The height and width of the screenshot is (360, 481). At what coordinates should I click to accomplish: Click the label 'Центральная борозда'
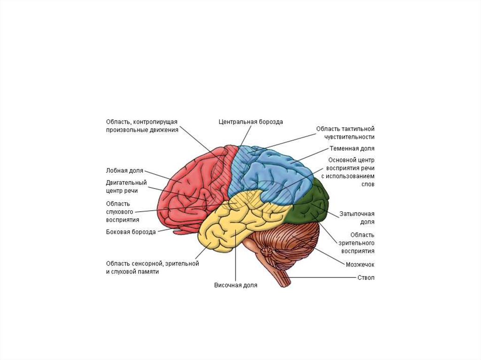coord(251,122)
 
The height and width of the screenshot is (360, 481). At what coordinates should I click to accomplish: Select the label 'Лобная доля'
coord(124,171)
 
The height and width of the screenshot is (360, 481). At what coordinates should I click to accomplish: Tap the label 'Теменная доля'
coord(352,148)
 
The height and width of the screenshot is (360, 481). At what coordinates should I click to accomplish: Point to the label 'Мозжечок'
coord(360,264)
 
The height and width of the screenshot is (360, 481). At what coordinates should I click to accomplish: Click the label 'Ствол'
coord(366,278)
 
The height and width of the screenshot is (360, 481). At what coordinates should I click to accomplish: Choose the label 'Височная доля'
coord(236,285)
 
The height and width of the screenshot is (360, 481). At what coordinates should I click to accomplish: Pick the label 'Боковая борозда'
coord(131,232)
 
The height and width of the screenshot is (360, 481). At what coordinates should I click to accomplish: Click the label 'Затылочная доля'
coord(357,218)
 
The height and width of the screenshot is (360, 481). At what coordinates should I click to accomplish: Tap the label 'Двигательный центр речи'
coord(126,186)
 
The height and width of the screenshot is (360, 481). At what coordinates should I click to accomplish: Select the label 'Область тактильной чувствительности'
coord(345,133)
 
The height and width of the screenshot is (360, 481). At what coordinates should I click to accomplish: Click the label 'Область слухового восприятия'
coord(123,212)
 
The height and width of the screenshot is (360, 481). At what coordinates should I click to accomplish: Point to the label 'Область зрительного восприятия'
coord(357,243)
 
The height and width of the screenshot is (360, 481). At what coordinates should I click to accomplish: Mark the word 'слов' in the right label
coord(368,184)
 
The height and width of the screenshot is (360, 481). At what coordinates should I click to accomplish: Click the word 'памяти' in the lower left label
coord(148,272)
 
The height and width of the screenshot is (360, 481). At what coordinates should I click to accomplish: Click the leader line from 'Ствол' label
coord(322,278)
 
